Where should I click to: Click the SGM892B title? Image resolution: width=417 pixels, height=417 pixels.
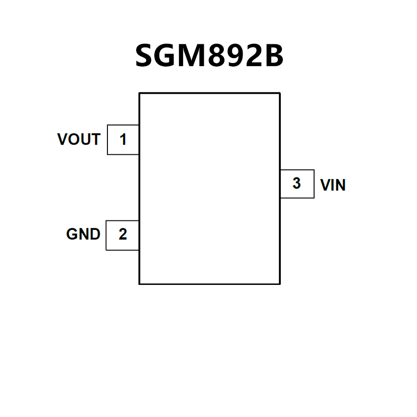(x=209, y=55)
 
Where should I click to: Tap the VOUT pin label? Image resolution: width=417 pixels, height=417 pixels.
(x=79, y=139)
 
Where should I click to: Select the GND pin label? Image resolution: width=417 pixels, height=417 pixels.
(x=83, y=234)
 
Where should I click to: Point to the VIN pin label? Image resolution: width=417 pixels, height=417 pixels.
(x=333, y=186)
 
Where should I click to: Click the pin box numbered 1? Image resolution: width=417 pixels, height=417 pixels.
(x=123, y=139)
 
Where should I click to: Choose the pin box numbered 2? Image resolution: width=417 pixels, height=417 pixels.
(x=123, y=234)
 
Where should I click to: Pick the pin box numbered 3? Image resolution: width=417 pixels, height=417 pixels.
(x=296, y=184)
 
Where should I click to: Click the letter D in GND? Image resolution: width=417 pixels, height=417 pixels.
(x=94, y=234)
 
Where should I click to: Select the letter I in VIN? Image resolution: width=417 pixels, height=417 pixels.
(x=332, y=186)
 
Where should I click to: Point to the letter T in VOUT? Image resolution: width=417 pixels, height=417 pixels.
(x=95, y=139)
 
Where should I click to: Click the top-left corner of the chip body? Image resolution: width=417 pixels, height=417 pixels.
(x=140, y=93)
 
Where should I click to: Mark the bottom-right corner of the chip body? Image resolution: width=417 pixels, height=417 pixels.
(x=279, y=283)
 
